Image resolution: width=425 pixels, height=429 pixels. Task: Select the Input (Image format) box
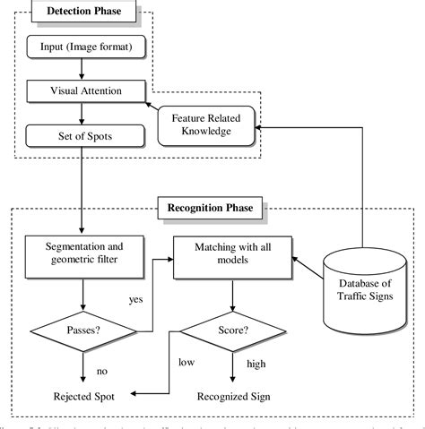coord(82,46)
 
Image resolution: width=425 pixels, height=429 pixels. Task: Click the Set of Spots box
coord(82,136)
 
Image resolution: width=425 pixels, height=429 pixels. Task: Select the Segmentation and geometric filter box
coord(82,252)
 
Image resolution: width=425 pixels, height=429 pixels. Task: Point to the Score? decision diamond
coord(234,330)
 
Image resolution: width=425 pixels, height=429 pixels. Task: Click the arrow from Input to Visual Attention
coord(82,68)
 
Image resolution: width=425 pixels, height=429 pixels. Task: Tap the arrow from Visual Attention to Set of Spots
coord(82,114)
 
